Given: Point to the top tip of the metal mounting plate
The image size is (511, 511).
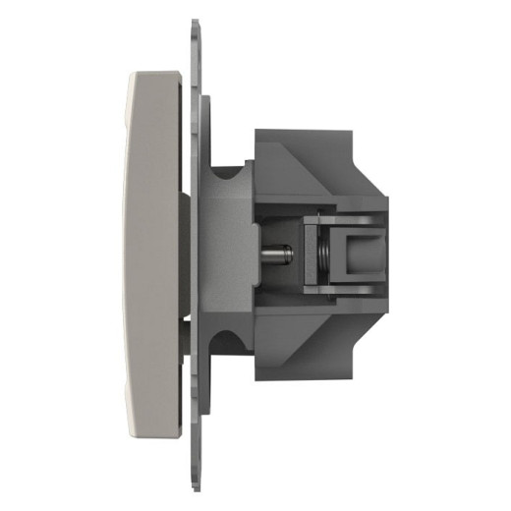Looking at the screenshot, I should pos(193,22).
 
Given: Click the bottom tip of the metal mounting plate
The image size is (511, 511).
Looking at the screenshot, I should pos(193,488).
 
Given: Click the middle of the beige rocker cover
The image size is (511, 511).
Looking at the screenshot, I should pos(152,255).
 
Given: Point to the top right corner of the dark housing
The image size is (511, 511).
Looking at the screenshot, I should pos(350,132).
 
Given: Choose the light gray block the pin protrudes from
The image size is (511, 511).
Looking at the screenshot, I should pos(232,255).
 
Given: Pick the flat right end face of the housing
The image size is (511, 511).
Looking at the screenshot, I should pos(386,255).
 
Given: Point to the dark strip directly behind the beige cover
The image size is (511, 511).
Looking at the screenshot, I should pos(185,255).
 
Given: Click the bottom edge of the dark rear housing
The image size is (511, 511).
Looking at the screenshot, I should pos(305,379).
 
